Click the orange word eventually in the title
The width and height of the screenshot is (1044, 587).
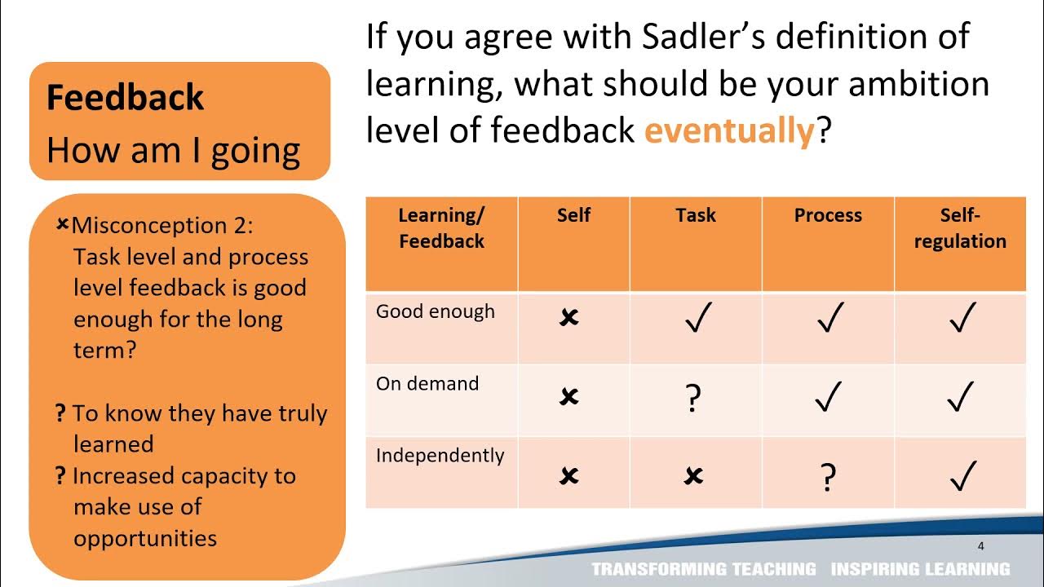pos(729,130)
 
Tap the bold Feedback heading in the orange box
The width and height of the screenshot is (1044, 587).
pos(125,98)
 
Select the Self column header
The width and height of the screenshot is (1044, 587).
pos(573,215)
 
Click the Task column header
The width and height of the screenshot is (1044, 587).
pos(696,215)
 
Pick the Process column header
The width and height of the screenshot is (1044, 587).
pos(828,215)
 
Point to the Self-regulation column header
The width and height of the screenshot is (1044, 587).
pos(960,228)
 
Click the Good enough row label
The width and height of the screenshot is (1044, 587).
pos(436,311)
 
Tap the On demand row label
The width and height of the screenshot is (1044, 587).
pos(427,383)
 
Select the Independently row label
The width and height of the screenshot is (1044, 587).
pos(440,455)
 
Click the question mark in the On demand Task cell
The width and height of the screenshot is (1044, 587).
pos(694,399)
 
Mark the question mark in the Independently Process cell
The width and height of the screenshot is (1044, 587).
pos(828,478)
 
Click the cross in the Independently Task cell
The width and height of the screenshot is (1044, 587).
pos(694,476)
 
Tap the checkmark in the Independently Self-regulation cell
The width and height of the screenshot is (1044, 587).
pos(962,476)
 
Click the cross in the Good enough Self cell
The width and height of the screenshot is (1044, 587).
pos(569,318)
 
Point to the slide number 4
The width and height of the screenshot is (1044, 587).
pos(981,546)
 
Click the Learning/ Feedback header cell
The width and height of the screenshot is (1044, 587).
pos(441,228)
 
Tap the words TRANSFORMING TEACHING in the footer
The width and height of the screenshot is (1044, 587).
pos(704,569)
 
